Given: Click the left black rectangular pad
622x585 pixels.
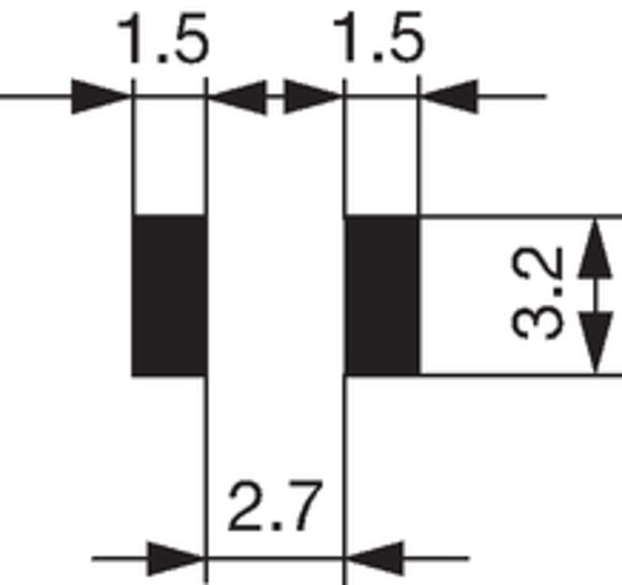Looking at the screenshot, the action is [169, 294].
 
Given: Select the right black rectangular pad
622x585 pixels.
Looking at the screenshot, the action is [382, 294].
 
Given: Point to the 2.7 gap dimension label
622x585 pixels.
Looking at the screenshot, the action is [275, 508].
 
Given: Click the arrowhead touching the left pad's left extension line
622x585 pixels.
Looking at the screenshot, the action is [102, 97].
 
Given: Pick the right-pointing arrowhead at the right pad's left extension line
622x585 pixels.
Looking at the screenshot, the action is [313, 97].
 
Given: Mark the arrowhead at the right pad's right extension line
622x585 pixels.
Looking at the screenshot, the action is [450, 97].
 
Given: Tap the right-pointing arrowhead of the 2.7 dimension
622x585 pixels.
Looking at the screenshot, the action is [175, 559].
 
